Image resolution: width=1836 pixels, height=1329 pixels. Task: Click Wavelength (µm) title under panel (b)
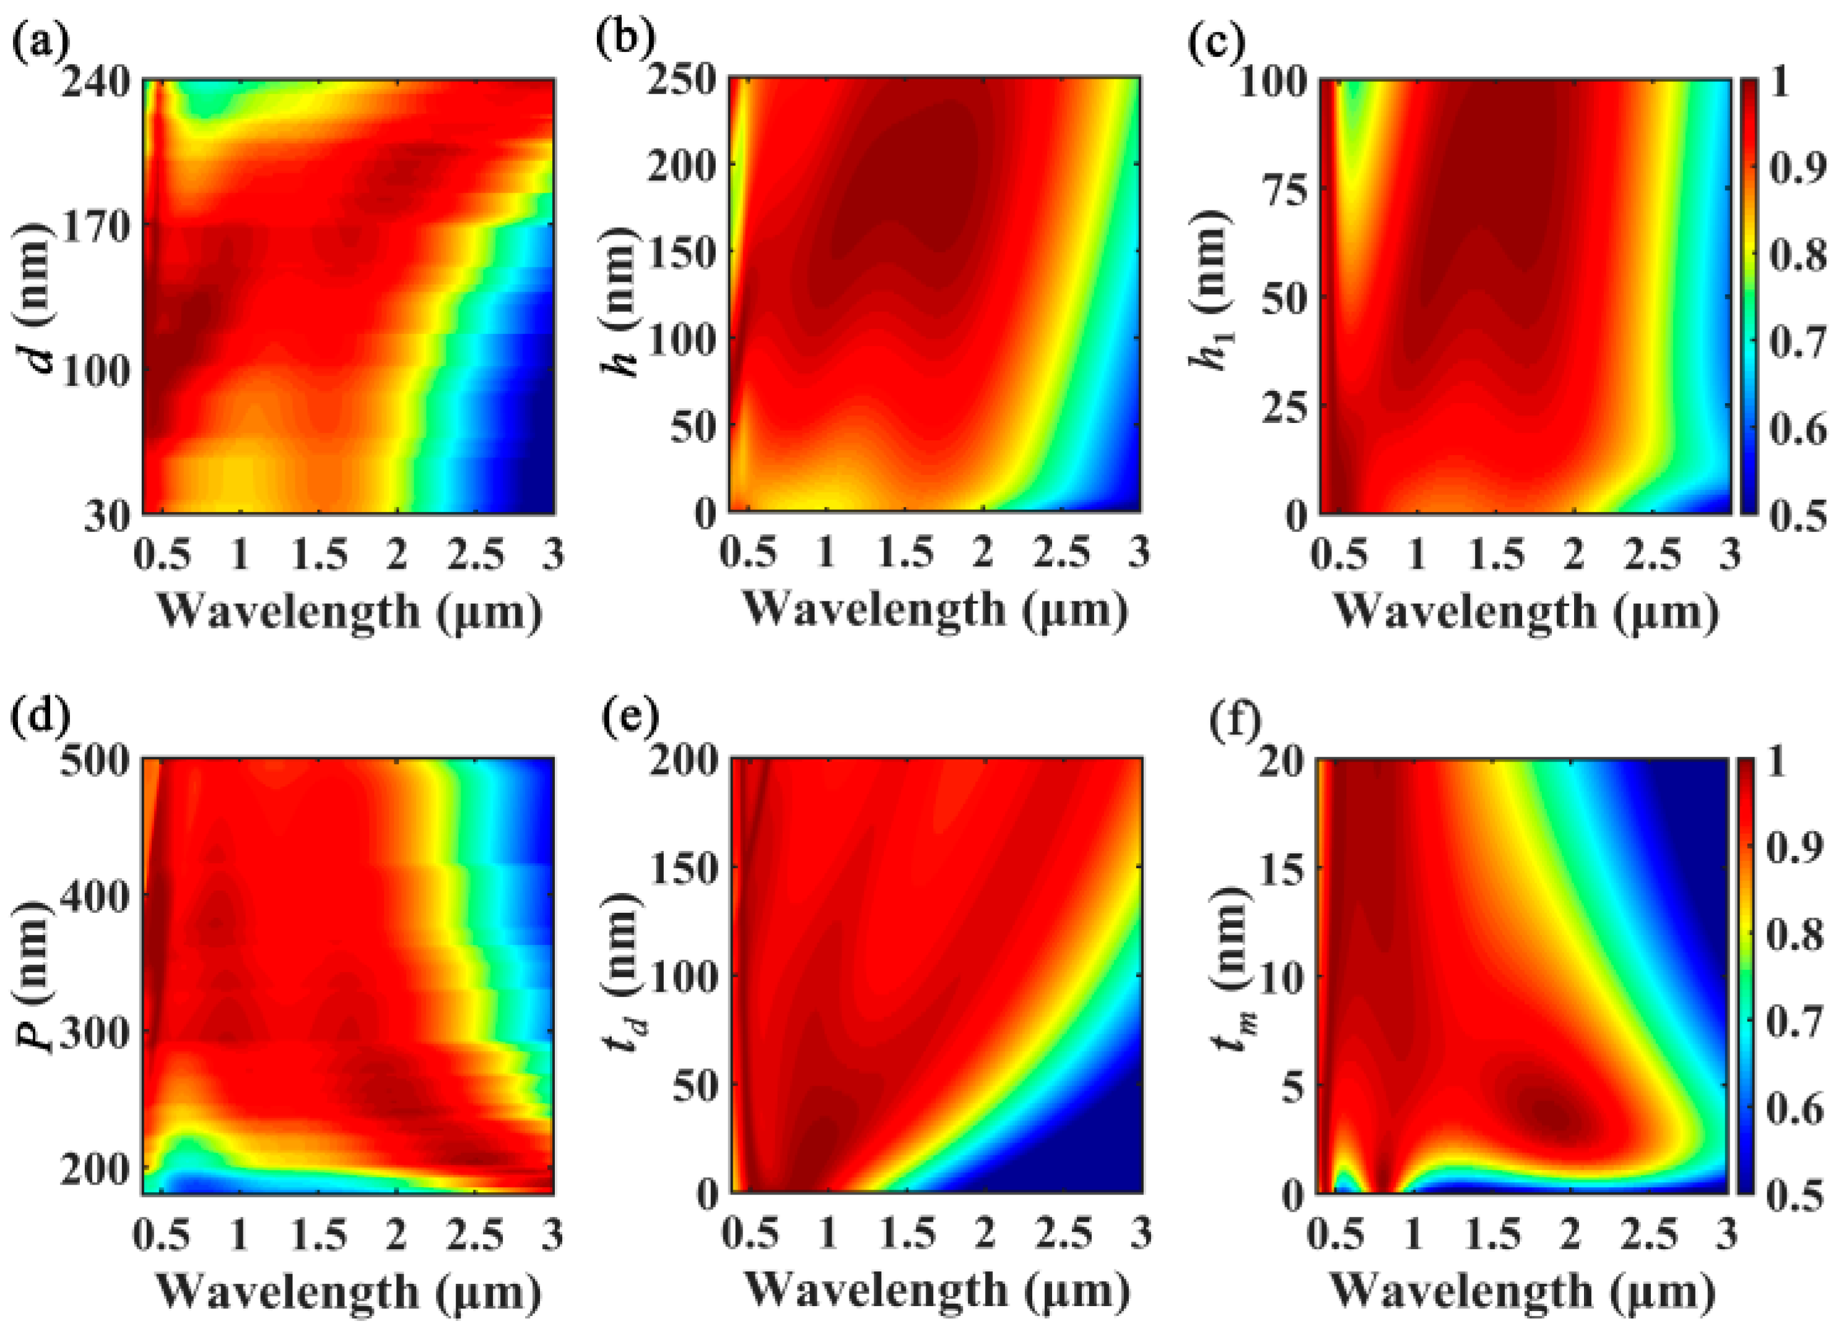tap(935, 609)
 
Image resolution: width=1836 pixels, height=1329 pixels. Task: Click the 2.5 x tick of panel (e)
tap(1064, 1232)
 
